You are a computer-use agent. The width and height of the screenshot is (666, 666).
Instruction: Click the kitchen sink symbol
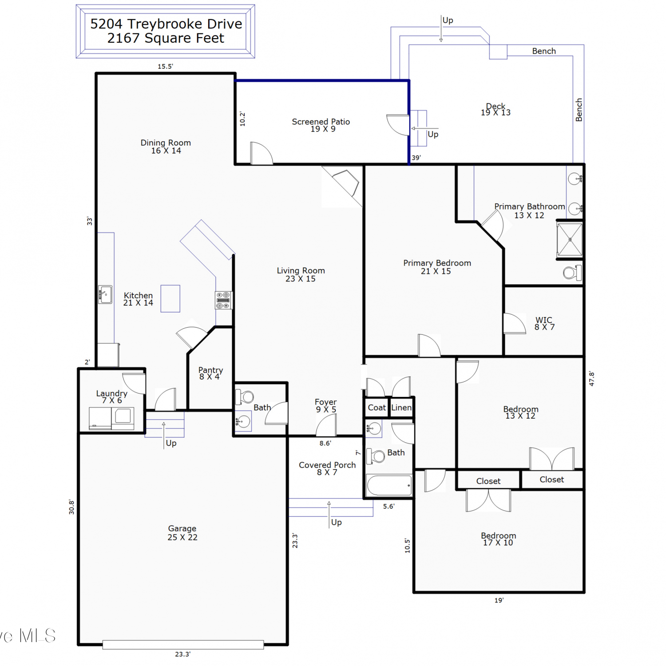point(105,294)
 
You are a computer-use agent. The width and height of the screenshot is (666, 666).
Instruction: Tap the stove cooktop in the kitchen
point(223,300)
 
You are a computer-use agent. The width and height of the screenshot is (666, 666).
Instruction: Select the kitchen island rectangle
point(170,298)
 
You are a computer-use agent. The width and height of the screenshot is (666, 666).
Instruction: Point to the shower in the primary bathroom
point(570,240)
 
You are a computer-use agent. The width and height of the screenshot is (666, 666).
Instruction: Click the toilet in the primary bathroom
point(572,272)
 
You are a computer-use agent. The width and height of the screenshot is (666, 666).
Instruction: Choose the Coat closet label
point(377,408)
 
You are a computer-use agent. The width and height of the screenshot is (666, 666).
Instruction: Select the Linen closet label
point(401,408)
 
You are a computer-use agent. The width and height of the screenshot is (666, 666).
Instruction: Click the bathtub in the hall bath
point(389,485)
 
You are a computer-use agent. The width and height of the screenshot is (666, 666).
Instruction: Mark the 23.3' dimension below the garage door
point(182,654)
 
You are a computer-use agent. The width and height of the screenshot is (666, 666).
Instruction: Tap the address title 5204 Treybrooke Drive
point(166,24)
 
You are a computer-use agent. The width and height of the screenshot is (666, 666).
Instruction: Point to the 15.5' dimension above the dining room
point(165,67)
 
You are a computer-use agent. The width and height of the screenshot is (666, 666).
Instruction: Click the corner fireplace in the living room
point(342,186)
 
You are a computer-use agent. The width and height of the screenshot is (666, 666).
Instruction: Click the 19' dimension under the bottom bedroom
point(499,600)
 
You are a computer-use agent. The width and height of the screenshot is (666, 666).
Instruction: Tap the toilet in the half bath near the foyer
point(245,396)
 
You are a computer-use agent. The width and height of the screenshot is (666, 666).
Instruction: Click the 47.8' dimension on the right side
point(591,379)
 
